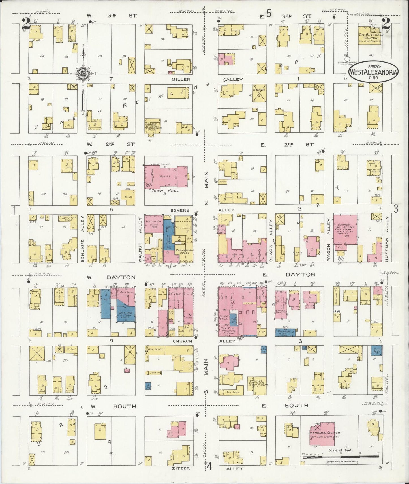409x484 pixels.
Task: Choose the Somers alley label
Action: click(180, 210)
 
